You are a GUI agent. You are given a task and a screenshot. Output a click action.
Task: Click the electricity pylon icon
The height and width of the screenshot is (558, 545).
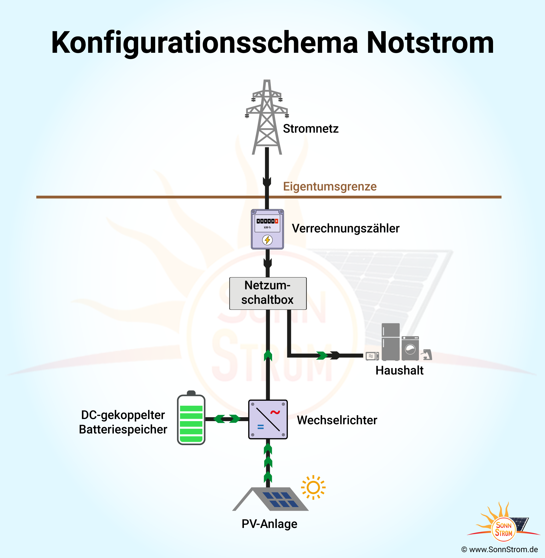(x=267, y=117)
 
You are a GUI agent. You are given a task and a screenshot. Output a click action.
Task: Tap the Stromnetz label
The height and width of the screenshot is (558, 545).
(x=310, y=129)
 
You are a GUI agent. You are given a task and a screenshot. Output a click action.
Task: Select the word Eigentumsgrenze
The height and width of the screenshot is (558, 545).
(x=330, y=186)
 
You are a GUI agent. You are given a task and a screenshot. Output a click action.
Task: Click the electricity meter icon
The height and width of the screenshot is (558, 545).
(x=267, y=229)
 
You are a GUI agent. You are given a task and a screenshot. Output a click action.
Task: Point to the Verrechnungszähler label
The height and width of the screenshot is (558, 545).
(x=345, y=229)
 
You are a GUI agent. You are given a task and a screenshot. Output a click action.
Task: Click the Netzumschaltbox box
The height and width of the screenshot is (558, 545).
(x=268, y=293)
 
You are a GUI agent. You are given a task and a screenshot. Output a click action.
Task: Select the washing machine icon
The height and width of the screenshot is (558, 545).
(x=410, y=348)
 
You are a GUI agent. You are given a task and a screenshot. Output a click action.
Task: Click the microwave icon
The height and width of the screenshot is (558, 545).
(x=372, y=356)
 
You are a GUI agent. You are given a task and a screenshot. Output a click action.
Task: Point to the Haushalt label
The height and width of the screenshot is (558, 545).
(x=399, y=370)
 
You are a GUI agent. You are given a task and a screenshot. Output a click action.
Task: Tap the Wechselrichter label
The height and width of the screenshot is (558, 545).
(x=337, y=420)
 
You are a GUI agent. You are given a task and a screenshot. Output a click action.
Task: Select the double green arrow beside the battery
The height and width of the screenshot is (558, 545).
(x=227, y=419)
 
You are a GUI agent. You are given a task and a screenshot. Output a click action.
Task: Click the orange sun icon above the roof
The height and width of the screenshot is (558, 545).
(x=313, y=487)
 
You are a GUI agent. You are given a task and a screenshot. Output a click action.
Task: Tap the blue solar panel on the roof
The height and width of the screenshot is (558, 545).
(x=280, y=499)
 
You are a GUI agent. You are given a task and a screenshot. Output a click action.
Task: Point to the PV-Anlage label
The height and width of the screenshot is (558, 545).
(x=269, y=524)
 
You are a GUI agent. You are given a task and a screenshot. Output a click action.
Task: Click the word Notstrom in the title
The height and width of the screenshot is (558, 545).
(x=430, y=43)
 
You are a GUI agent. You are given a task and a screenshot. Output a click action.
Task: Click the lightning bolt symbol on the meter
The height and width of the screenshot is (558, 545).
(x=267, y=240)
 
